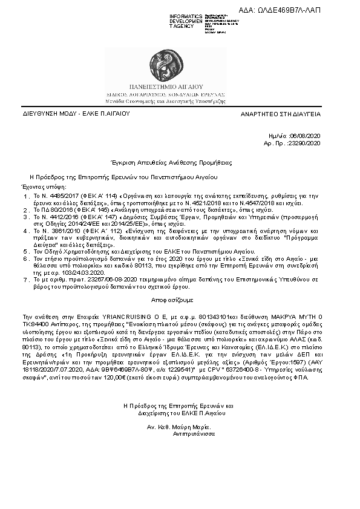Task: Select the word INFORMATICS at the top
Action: (186, 16)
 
